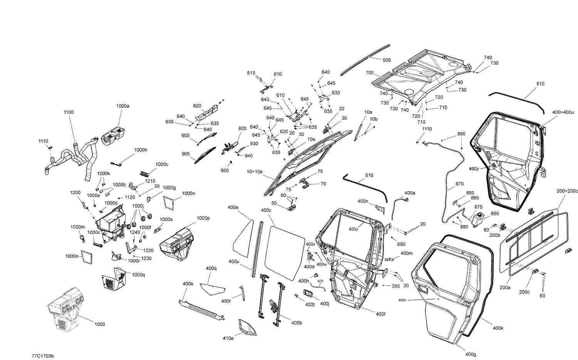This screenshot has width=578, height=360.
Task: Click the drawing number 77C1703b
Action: (43, 356)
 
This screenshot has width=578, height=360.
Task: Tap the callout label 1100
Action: (69, 112)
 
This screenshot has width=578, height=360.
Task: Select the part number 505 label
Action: (387, 60)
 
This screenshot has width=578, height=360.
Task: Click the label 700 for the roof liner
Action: (370, 73)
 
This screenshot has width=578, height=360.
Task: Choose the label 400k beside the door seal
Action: (498, 328)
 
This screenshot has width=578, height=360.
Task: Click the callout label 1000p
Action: (203, 218)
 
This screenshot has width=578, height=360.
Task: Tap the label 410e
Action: (228, 338)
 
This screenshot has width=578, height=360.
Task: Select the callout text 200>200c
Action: (567, 191)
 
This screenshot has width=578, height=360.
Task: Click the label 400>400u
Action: (563, 112)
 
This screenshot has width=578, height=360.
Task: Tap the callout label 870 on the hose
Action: (459, 184)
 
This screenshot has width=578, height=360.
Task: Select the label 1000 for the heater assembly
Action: (99, 324)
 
